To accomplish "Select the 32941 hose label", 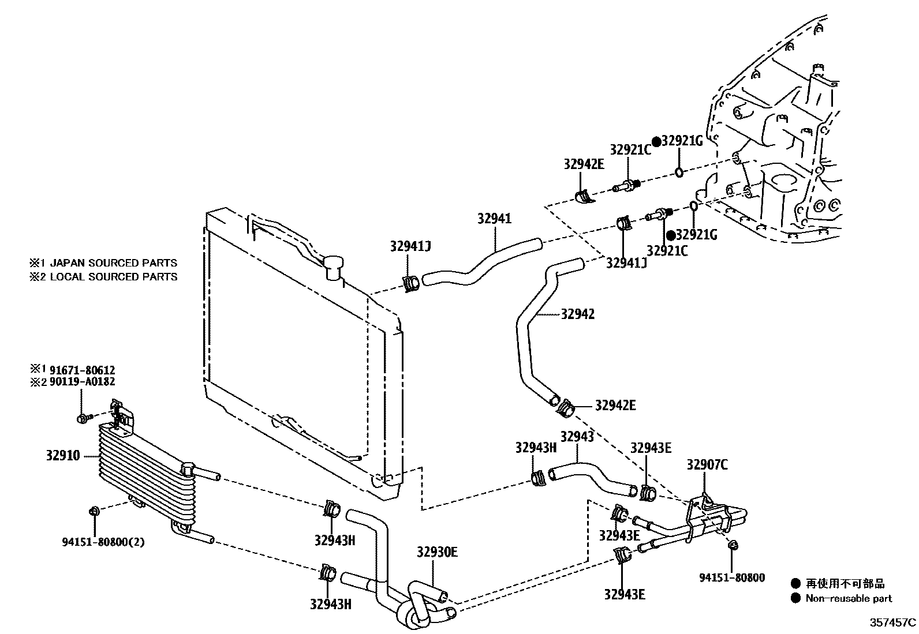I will pyautogui.click(x=494, y=219).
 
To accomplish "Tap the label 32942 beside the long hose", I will pyautogui.click(x=577, y=314).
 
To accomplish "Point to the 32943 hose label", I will pyautogui.click(x=577, y=437).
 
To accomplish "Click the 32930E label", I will pyautogui.click(x=437, y=552).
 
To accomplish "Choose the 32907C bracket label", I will pyautogui.click(x=707, y=464).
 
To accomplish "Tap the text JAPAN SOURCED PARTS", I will pyautogui.click(x=113, y=263).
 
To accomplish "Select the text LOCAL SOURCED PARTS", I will pyautogui.click(x=113, y=277).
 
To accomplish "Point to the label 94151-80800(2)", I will pyautogui.click(x=96, y=542).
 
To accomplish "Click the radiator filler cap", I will pyautogui.click(x=334, y=267).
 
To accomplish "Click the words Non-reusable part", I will pyautogui.click(x=849, y=598).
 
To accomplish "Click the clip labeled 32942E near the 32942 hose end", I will pyautogui.click(x=565, y=408).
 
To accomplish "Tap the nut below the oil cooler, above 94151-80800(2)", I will pyautogui.click(x=94, y=511).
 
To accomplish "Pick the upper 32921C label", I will pyautogui.click(x=630, y=150).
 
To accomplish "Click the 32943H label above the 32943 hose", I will pyautogui.click(x=535, y=448).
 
